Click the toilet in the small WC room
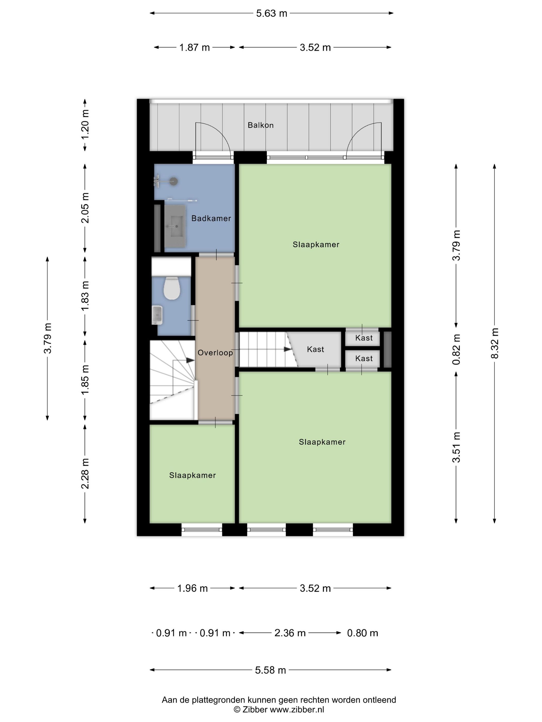click(x=172, y=288)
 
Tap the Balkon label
click(x=260, y=125)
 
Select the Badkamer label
click(x=211, y=218)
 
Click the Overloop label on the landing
click(x=215, y=352)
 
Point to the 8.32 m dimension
click(x=495, y=343)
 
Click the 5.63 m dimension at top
click(x=272, y=13)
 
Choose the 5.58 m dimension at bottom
click(x=270, y=670)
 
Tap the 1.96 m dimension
click(x=193, y=588)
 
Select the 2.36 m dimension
click(x=290, y=633)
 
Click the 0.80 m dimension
click(x=363, y=633)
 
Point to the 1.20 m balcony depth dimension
click(x=85, y=125)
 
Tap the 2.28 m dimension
click(x=85, y=474)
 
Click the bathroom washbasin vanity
click(x=175, y=226)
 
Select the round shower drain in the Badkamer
click(x=174, y=182)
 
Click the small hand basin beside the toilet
click(x=157, y=315)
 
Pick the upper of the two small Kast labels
click(x=364, y=338)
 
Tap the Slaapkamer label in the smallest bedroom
click(x=193, y=475)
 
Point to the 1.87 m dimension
click(x=194, y=48)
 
